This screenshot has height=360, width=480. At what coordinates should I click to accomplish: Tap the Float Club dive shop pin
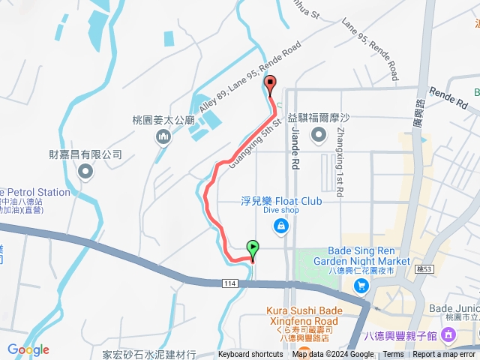click(x=280, y=225)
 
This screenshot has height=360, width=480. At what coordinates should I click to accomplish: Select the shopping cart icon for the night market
click(x=361, y=286)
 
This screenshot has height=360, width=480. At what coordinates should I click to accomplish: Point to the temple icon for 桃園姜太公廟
click(x=163, y=137)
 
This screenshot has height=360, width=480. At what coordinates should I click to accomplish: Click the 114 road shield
click(x=230, y=283)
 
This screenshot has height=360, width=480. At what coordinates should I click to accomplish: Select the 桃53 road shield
click(x=424, y=268)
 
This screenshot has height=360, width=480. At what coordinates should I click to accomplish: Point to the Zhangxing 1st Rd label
click(x=340, y=162)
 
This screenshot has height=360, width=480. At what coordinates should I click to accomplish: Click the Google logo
click(x=28, y=349)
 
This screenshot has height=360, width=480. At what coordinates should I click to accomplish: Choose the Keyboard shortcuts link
click(x=250, y=355)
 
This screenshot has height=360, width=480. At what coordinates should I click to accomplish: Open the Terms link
click(x=393, y=355)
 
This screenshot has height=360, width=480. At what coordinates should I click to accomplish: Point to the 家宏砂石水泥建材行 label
click(x=148, y=353)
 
